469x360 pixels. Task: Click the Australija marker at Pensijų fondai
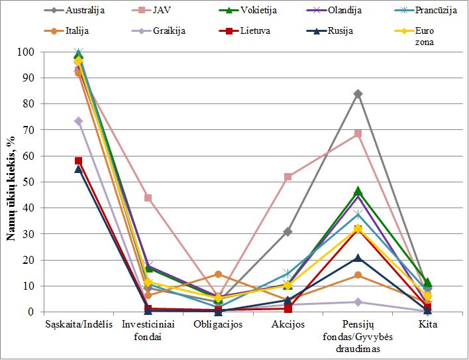click(358, 94)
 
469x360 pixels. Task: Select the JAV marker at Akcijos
click(287, 177)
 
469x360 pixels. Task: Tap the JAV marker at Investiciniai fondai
click(148, 198)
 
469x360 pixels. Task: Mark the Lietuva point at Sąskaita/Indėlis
click(78, 160)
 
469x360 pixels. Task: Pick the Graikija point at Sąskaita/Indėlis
click(78, 121)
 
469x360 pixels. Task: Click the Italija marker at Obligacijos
click(218, 274)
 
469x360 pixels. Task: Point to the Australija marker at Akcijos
click(287, 231)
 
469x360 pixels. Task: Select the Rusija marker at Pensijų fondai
click(358, 258)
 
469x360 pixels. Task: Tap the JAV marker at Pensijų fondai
click(358, 133)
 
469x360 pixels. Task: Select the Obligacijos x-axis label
click(218, 325)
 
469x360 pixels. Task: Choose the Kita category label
click(428, 325)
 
